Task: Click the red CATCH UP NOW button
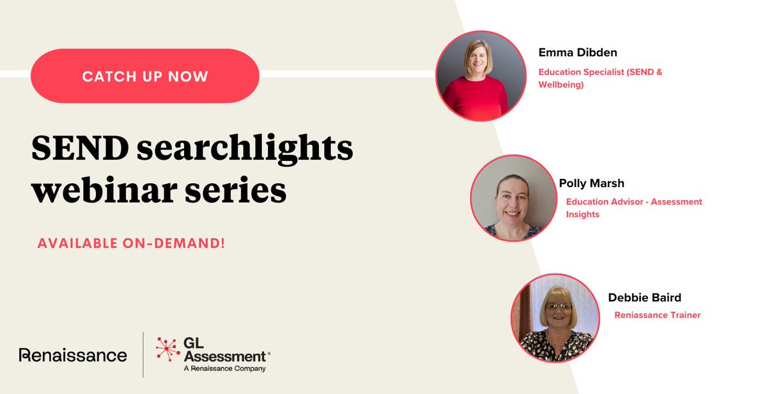point(145,76)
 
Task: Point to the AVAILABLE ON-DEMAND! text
point(131,243)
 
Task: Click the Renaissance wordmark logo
point(73,355)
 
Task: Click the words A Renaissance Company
point(224,368)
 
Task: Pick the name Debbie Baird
point(644,298)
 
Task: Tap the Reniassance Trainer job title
point(657,315)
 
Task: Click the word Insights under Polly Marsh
point(582,215)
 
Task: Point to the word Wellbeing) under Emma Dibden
point(561,84)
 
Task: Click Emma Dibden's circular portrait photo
point(480,76)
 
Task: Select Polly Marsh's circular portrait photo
point(513,198)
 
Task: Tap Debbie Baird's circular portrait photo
point(555,317)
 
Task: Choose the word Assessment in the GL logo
point(224,356)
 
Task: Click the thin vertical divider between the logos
point(143,355)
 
